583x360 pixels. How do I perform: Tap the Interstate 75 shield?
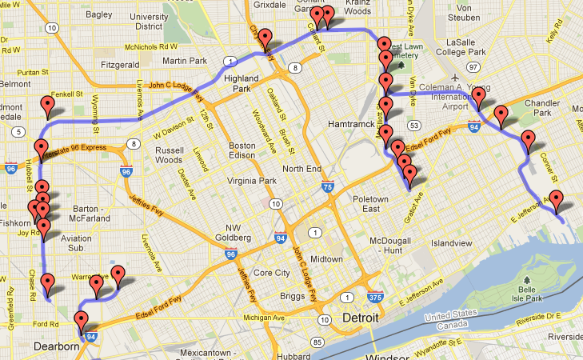point(327,187)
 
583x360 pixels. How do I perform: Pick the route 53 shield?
point(413,126)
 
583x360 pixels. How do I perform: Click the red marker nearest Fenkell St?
point(48,106)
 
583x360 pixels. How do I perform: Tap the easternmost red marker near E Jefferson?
point(557,202)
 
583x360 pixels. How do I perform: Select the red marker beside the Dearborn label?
point(81,322)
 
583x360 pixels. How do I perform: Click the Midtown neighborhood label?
point(326,259)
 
